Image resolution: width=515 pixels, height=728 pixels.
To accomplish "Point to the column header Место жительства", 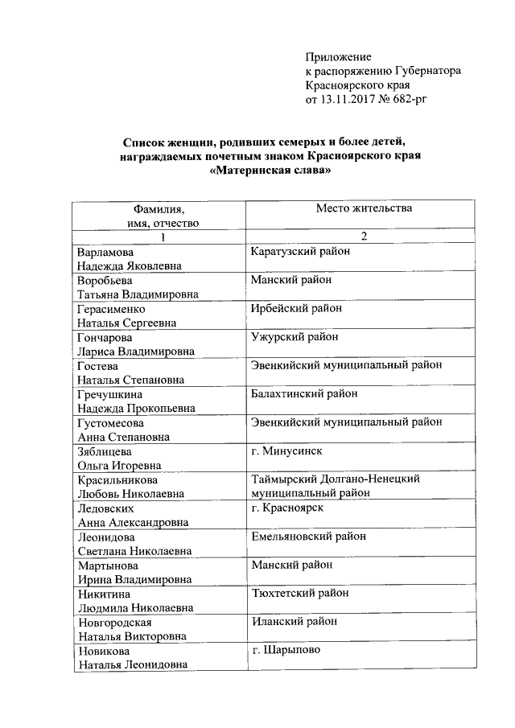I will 364,209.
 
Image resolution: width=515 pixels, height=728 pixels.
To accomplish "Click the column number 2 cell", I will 364,237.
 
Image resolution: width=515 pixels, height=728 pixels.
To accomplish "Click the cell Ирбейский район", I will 296,308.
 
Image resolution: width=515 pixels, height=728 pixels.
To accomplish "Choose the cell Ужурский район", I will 294,336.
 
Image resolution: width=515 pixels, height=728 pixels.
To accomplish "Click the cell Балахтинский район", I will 304,393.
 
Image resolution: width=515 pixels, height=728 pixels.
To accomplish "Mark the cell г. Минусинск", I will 286,451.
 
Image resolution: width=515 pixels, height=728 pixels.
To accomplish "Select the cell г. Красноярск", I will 287,508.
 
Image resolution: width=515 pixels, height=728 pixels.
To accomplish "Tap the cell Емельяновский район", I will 308,537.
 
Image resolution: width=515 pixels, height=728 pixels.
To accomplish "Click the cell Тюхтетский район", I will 300,593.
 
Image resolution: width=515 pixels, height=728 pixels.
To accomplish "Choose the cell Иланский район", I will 294,622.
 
